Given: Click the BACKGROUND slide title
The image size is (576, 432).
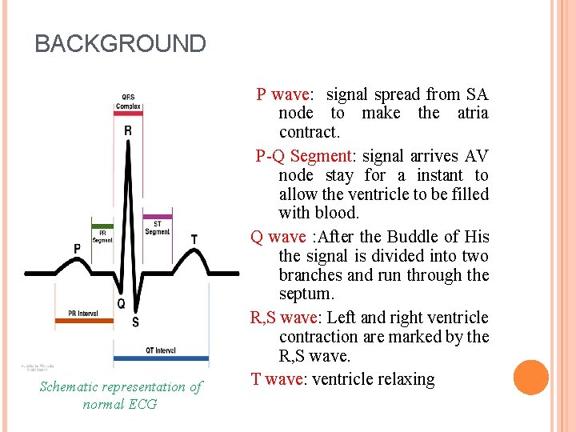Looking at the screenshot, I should pos(120,43).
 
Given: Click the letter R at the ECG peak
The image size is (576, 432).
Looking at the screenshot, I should pos(128,130).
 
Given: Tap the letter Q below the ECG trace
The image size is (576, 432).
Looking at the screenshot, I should pos(122,303).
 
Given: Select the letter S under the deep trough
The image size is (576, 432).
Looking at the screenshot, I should pos(135,322).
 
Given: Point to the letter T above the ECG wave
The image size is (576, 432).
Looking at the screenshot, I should pos(194,238).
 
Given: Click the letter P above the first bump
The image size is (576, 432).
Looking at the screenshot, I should pos(77,249).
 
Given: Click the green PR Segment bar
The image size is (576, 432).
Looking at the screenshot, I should pos(102,222).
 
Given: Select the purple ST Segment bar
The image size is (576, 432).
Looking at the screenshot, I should pos(157,216).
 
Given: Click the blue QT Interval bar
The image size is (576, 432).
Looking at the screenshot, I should pos(161,358).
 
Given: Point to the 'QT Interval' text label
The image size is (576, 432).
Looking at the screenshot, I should pos(161,350).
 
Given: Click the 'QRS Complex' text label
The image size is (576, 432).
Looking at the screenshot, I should pos(128,102).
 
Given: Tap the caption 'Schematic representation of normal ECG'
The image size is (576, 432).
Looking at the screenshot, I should pos(121,395).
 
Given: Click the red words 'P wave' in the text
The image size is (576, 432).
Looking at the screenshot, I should pos(283,94).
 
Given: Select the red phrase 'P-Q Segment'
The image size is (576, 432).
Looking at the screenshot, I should pos(302,156).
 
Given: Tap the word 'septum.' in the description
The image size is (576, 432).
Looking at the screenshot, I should pos(304,294).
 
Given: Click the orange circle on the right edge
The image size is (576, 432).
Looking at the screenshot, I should pos(530,378).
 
